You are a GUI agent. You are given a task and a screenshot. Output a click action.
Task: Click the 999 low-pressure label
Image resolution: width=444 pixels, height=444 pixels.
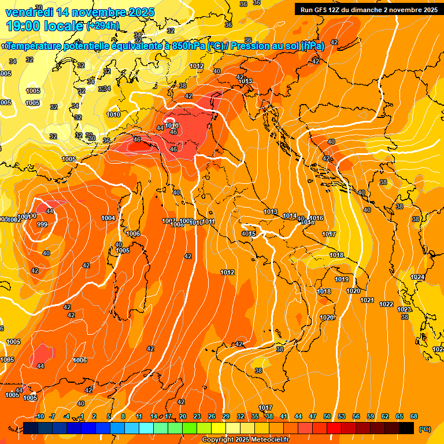pyautogui.click(x=42, y=224)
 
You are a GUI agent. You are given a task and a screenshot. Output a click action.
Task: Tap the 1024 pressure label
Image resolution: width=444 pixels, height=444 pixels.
pyautogui.click(x=417, y=277)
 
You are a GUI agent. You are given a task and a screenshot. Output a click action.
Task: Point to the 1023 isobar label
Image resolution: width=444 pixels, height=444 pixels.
pyautogui.click(x=405, y=310)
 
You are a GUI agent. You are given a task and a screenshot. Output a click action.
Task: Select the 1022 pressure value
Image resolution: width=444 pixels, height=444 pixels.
pyautogui.click(x=386, y=304)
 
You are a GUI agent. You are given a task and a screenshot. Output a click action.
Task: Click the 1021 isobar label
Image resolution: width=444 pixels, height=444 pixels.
pyautogui.click(x=367, y=300)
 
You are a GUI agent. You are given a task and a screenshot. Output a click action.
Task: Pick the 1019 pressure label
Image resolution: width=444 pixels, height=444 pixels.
pyautogui.click(x=342, y=280)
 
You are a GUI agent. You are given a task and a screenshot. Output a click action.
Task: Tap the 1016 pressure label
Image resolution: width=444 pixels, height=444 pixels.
pyautogui.click(x=317, y=218)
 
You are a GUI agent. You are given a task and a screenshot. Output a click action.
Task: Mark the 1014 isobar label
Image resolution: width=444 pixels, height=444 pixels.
pyautogui.click(x=290, y=216)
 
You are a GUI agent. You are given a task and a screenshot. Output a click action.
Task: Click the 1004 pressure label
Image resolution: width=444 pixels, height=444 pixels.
pyautogui.click(x=108, y=218)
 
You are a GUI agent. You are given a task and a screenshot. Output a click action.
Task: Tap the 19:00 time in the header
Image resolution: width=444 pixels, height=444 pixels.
pyautogui.click(x=25, y=26)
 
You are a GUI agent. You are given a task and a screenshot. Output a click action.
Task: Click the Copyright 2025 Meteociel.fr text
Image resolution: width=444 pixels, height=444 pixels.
pyautogui.click(x=246, y=440)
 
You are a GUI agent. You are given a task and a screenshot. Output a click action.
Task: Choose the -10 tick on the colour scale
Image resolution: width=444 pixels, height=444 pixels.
pyautogui.click(x=39, y=416)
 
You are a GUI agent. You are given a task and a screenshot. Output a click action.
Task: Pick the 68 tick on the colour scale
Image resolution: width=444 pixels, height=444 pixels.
pyautogui.click(x=414, y=416)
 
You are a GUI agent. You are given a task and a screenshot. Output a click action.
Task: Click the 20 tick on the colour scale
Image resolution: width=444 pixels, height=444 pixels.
pyautogui.click(x=183, y=416)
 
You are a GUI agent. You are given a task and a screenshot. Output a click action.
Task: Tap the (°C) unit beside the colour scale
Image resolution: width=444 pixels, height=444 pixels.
pyautogui.click(x=425, y=429)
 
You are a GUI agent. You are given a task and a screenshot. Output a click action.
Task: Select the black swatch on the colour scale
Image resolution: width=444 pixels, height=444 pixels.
pyautogui.click(x=407, y=428)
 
